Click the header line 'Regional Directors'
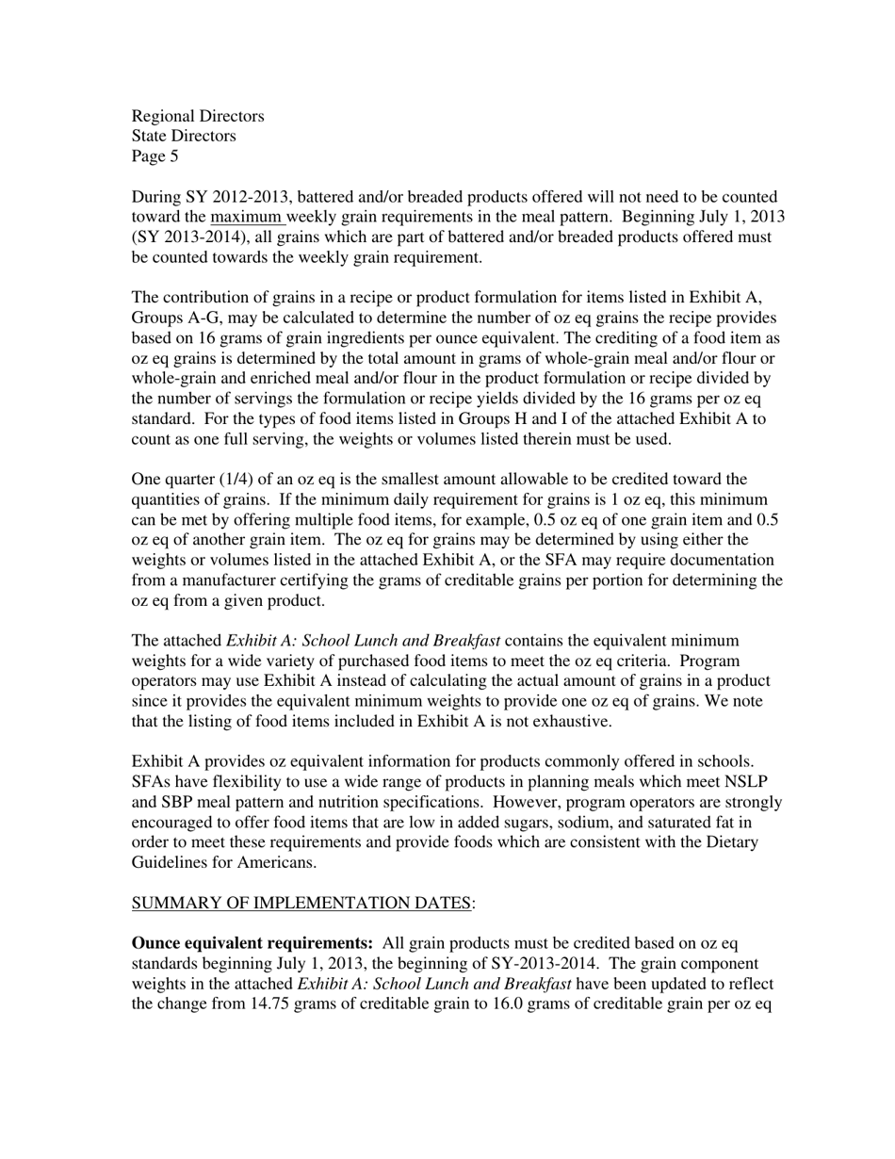pyautogui.click(x=198, y=116)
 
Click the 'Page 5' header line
pyautogui.click(x=155, y=156)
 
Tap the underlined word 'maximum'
pyautogui.click(x=246, y=217)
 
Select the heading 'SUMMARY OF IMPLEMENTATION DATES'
pyautogui.click(x=301, y=903)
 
